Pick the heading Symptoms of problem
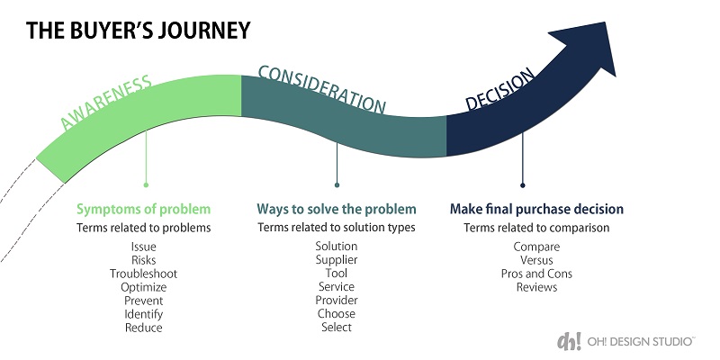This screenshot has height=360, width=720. (x=143, y=209)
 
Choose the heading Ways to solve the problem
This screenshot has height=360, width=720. (x=337, y=209)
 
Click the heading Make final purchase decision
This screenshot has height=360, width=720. (x=536, y=209)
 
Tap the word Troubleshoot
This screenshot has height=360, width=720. (x=144, y=274)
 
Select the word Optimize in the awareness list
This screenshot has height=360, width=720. (x=144, y=287)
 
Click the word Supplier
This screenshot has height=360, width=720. (x=337, y=260)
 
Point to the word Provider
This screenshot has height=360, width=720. (x=337, y=301)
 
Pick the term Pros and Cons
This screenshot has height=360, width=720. (x=536, y=274)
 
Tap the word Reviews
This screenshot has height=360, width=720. (x=536, y=287)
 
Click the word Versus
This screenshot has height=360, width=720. (x=536, y=260)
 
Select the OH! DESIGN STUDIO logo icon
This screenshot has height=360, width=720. (x=569, y=341)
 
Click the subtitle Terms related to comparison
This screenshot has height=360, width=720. (x=536, y=228)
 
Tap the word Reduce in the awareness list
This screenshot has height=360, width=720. (x=144, y=328)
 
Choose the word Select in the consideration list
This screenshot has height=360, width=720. (x=337, y=328)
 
